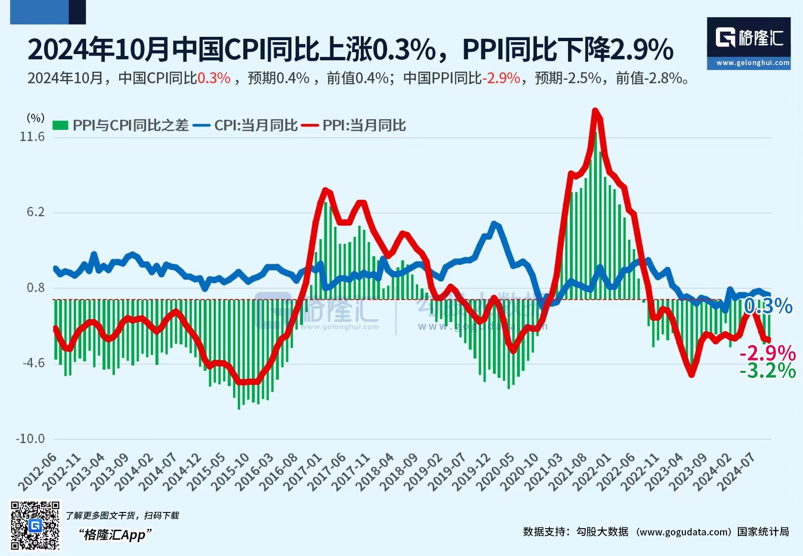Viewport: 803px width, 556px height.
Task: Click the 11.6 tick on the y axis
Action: pos(32,137)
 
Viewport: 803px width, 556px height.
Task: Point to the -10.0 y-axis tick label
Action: pos(30,439)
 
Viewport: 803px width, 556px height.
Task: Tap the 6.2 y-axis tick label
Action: pos(35,212)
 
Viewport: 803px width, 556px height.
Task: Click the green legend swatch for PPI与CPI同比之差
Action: pos(60,126)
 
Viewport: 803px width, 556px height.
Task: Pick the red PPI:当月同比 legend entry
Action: pos(354,126)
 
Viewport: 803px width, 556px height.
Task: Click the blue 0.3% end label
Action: pos(769,306)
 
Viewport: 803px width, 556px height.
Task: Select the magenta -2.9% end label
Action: pos(768,353)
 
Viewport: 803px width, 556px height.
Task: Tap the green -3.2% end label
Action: pos(768,371)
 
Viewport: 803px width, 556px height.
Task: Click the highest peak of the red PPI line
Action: pos(595,111)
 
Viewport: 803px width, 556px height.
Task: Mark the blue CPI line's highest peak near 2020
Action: pos(494,223)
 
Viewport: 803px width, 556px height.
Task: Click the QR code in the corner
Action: pos(35,525)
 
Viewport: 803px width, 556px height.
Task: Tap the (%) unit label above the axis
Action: pos(35,118)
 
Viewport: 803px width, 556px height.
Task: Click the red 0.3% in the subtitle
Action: pos(214,78)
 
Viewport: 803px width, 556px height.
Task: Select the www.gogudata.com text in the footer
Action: pos(685,532)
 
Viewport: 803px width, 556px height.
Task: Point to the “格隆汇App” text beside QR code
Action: pos(115,534)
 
